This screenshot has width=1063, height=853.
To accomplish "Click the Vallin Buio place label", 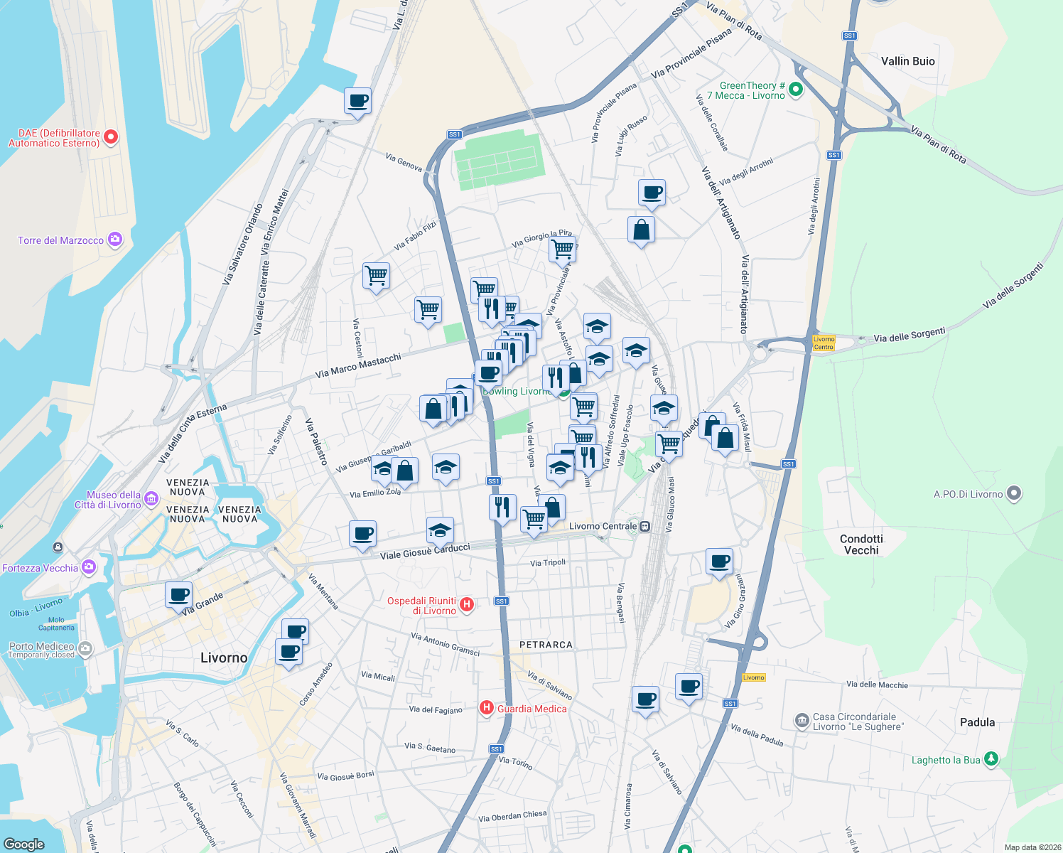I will click(x=907, y=61).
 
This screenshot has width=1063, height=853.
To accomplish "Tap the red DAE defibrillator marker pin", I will click(x=111, y=137).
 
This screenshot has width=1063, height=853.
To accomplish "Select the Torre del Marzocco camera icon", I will click(x=115, y=240).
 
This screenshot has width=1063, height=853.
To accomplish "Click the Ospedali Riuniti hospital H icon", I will click(x=467, y=605).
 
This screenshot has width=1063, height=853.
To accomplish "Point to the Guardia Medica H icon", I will click(x=487, y=707).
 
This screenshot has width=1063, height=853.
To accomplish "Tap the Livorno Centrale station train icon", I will click(x=644, y=527).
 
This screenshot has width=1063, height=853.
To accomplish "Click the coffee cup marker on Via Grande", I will click(x=179, y=594).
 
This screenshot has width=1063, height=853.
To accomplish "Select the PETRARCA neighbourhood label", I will click(x=546, y=645).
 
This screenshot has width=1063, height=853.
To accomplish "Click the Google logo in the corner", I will click(x=23, y=844).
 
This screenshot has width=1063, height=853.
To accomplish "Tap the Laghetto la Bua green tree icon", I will click(x=991, y=759).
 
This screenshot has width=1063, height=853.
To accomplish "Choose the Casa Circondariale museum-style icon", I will click(x=802, y=721).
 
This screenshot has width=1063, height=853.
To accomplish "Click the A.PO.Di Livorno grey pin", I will click(x=1014, y=493).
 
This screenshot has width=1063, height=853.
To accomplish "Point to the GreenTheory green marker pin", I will click(x=796, y=90).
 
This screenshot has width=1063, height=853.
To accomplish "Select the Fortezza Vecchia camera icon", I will click(x=89, y=567).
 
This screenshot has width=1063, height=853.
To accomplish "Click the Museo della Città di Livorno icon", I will click(x=151, y=499).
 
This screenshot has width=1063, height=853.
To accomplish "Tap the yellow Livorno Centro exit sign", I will click(x=824, y=343).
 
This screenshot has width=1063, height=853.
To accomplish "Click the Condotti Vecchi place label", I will click(x=861, y=544).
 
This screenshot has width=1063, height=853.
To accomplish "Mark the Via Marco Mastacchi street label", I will click(x=358, y=365).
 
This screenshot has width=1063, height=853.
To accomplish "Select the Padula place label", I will click(x=977, y=722).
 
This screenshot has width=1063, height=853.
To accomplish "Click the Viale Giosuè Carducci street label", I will click(x=425, y=552).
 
